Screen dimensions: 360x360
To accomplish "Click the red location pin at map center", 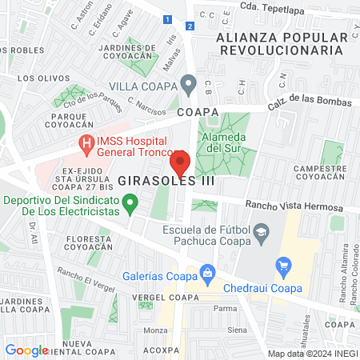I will [180, 163].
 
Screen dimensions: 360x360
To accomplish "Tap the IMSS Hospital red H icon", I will [86, 144].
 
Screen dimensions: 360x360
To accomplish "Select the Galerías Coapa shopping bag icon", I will [207, 272].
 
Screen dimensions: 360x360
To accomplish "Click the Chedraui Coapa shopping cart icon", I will [282, 265].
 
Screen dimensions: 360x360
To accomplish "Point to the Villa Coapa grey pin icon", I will [189, 82].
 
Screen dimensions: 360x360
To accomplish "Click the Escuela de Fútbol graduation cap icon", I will [261, 233].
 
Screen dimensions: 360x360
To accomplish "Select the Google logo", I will [26, 350].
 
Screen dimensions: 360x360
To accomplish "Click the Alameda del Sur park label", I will [224, 142].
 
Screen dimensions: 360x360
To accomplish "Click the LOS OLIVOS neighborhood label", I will [38, 78].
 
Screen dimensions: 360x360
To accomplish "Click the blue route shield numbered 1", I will [166, 18].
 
